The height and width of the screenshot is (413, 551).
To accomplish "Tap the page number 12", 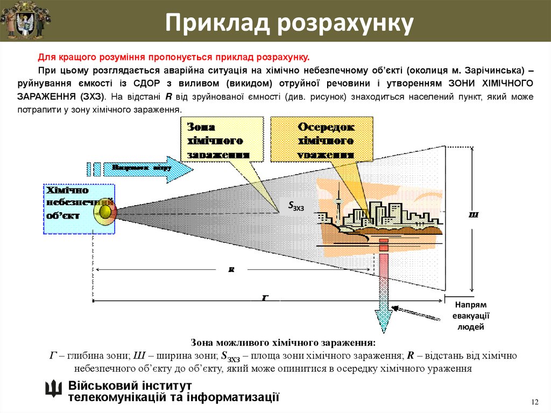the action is (534, 402).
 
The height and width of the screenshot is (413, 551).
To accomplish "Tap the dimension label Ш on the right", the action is (474, 215).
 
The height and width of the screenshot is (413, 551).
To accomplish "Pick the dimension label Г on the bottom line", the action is (265, 297).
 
